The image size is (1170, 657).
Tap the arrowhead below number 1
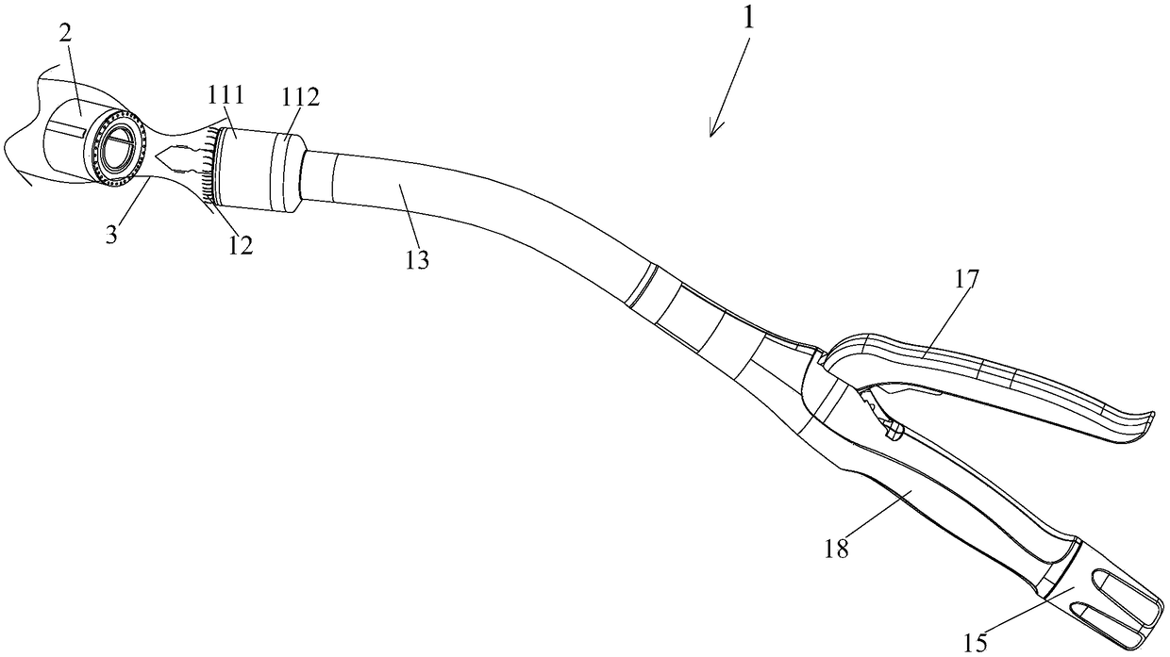click(714, 130)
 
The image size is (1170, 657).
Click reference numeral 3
click(111, 235)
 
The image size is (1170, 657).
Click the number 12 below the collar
click(240, 245)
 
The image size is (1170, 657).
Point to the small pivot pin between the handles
click(894, 432)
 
